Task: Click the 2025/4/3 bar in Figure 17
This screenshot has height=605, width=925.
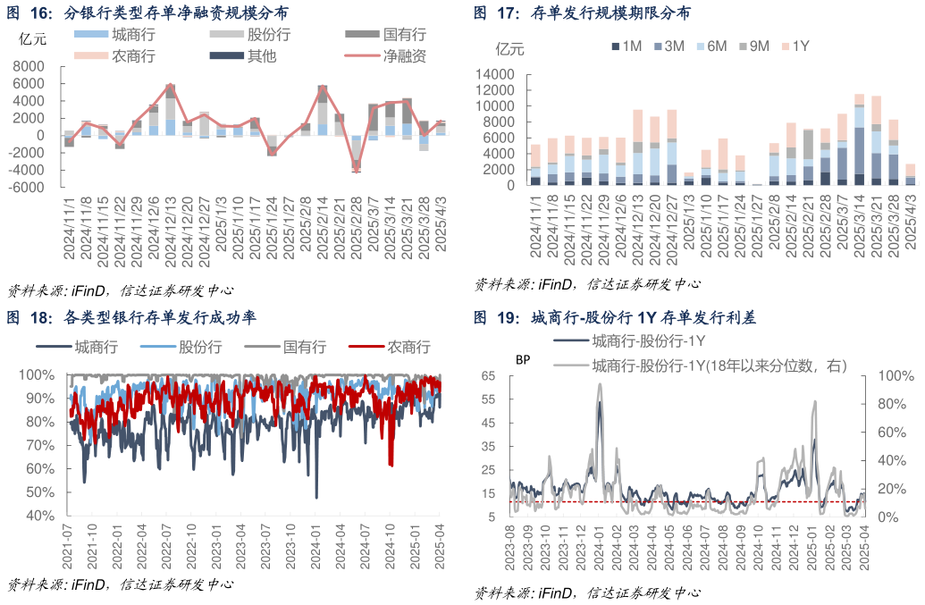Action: pos(910,174)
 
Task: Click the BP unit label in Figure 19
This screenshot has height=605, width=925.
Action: pos(523,359)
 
